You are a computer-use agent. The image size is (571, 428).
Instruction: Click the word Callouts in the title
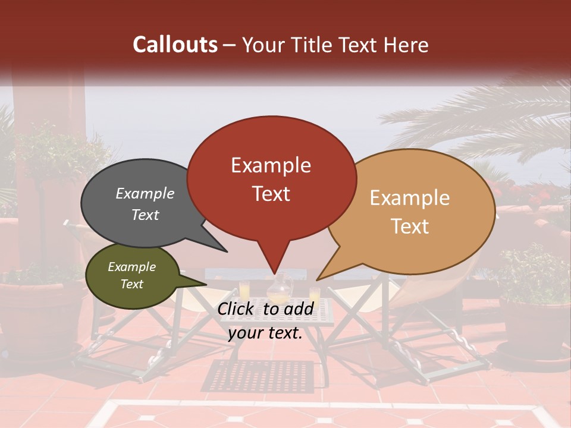[x=175, y=45]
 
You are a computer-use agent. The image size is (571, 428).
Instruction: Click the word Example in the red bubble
[x=271, y=165]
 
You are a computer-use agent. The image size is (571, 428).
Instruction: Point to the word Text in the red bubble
[x=271, y=194]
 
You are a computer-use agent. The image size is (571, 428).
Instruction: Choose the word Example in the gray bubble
[x=145, y=194]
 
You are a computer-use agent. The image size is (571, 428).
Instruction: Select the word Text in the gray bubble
[x=145, y=215]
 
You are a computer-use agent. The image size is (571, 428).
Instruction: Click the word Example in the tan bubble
[x=410, y=198]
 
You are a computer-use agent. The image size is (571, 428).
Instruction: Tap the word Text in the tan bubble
[x=410, y=226]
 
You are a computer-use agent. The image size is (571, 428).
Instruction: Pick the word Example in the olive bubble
[x=131, y=267]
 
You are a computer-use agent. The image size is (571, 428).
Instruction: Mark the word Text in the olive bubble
[x=131, y=284]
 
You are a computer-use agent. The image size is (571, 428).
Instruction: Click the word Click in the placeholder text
[x=237, y=309]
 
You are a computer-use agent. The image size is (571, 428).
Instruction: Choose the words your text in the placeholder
[x=265, y=333]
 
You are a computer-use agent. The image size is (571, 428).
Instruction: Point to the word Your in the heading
[x=264, y=45]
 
